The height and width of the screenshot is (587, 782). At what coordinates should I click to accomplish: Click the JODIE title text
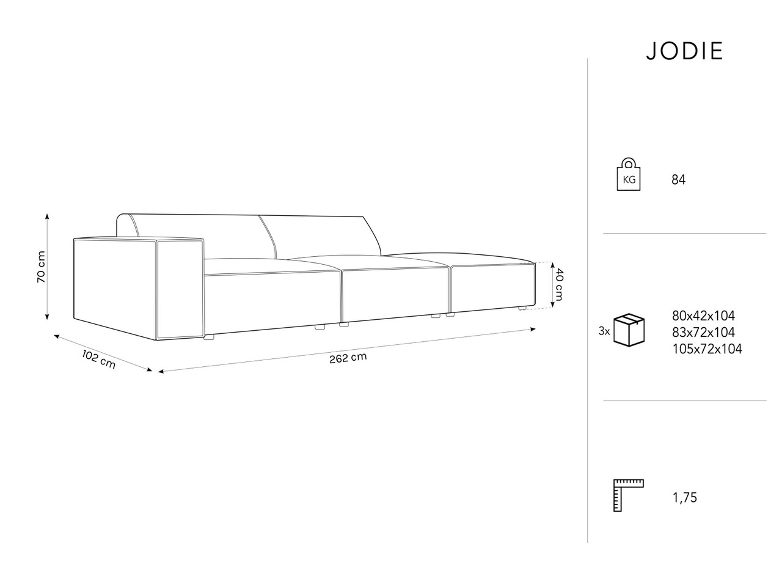tap(684, 51)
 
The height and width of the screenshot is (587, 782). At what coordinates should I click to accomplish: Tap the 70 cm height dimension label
tap(42, 267)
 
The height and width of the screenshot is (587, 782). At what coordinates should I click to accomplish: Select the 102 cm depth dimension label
tap(99, 360)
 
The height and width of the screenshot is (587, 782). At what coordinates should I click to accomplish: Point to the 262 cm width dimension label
tap(348, 358)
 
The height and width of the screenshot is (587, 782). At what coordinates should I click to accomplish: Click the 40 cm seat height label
tap(559, 284)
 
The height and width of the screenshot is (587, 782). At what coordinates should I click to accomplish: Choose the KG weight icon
tap(629, 174)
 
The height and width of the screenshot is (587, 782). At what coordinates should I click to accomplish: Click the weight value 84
tap(678, 180)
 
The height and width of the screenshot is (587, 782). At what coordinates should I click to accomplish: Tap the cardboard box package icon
tap(629, 330)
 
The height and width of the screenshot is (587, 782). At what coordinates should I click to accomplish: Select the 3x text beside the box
tap(604, 331)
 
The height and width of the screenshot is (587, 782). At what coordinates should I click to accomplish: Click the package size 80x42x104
tap(703, 316)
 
